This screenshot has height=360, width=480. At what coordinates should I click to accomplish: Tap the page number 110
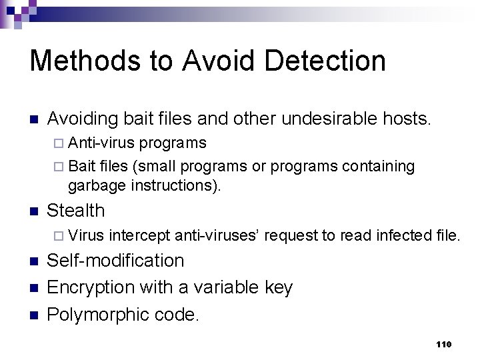pyautogui.click(x=443, y=344)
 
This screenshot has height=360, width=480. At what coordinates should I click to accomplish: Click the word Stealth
pyautogui.click(x=76, y=211)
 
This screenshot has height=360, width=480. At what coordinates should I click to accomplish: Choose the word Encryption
pyautogui.click(x=91, y=287)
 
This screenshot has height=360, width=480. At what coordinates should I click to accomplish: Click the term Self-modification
pyautogui.click(x=115, y=261)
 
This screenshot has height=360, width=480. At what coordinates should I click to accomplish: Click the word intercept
pyautogui.click(x=139, y=235)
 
